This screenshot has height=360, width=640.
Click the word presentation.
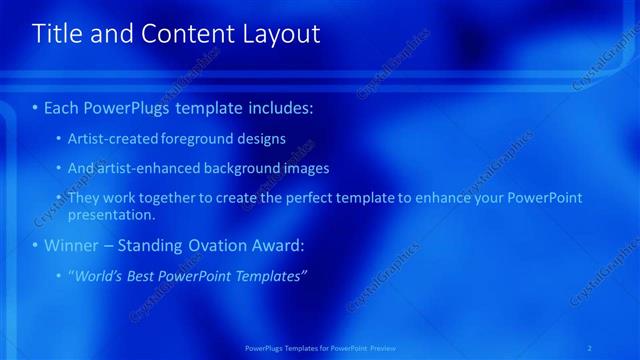[x=110, y=214]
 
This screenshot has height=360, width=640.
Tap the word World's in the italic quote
[x=98, y=275]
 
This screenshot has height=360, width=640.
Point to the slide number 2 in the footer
[x=590, y=347]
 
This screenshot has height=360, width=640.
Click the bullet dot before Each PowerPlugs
[x=36, y=107]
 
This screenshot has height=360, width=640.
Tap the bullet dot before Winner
[x=36, y=245]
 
